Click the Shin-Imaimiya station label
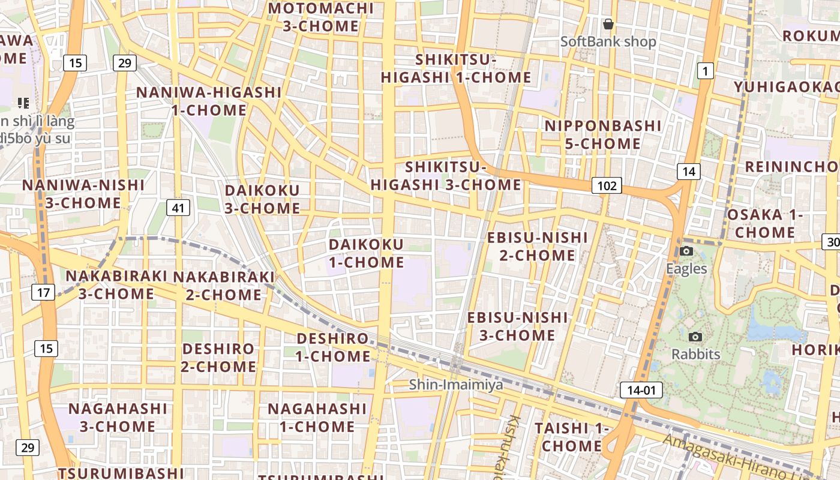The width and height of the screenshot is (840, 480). (456, 385)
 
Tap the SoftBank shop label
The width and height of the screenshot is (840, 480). (608, 41)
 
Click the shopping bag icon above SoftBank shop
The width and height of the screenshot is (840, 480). (608, 24)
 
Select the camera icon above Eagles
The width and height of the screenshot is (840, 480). (686, 251)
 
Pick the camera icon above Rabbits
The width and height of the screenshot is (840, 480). (695, 337)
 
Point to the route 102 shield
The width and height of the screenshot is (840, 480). (607, 185)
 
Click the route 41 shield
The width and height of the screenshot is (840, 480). (178, 208)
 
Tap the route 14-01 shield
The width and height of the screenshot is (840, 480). (641, 390)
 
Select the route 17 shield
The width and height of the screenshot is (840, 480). (43, 293)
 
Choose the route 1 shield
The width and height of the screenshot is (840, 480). (705, 71)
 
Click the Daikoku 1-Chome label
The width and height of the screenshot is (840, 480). (366, 253)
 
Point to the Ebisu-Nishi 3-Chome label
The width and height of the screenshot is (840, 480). (517, 326)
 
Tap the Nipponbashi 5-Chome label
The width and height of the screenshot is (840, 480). (603, 134)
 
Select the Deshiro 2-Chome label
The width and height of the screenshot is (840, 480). (218, 358)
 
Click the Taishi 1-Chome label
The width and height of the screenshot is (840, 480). (571, 437)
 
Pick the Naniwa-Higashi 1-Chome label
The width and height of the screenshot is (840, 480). (209, 101)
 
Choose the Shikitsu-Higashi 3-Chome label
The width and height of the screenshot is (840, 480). (446, 176)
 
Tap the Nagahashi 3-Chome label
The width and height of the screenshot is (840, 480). (118, 418)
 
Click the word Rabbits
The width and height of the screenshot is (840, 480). (696, 354)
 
